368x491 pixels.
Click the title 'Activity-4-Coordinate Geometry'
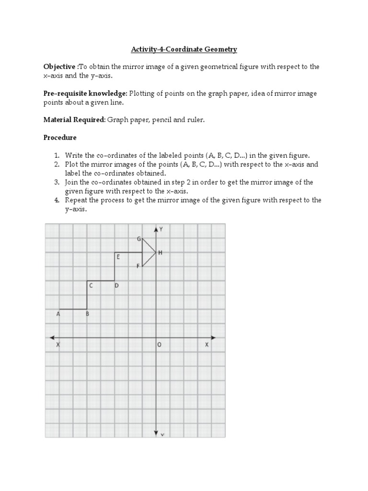click(184, 49)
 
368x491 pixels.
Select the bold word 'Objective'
click(59, 67)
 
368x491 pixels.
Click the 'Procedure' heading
click(60, 137)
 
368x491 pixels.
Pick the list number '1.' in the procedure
click(56, 155)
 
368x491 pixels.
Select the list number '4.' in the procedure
click(56, 200)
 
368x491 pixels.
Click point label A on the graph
click(58, 315)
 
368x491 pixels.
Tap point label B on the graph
click(87, 315)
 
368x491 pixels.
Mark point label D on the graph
click(116, 286)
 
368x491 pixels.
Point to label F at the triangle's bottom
click(138, 266)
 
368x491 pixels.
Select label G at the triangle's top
click(138, 238)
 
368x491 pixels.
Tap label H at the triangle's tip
click(160, 253)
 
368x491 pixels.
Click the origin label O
click(160, 345)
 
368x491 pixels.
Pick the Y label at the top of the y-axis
click(161, 229)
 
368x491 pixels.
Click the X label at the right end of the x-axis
click(207, 345)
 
